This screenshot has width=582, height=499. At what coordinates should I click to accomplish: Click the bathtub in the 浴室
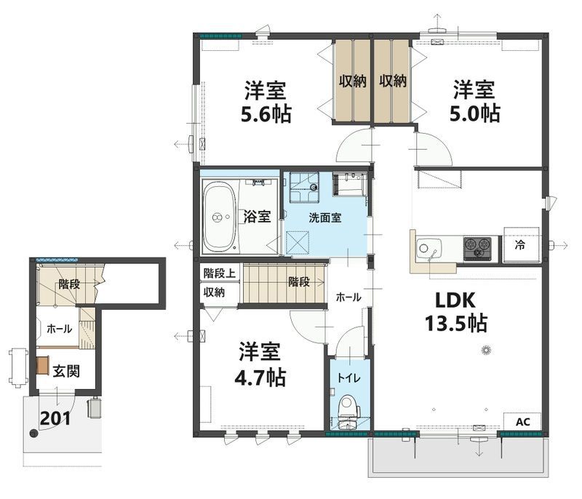[220, 217]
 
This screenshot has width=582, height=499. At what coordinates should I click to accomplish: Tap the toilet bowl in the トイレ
[349, 405]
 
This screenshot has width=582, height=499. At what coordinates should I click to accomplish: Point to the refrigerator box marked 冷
[521, 245]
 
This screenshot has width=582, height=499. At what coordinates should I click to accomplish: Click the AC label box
[522, 422]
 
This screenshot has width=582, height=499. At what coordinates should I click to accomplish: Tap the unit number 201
[55, 418]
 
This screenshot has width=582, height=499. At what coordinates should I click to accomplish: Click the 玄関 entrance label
[66, 371]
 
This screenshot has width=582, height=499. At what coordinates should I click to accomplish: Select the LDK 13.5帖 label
[455, 311]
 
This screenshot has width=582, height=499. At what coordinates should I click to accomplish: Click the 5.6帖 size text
[266, 114]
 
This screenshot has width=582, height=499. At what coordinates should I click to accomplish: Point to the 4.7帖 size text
[260, 378]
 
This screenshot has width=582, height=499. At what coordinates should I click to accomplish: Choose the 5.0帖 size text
[475, 113]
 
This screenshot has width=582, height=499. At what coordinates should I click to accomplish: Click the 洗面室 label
[325, 217]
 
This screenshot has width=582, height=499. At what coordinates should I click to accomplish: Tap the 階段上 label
[220, 274]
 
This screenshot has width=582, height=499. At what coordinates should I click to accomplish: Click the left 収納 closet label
[352, 81]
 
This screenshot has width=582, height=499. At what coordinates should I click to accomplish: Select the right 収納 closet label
[393, 81]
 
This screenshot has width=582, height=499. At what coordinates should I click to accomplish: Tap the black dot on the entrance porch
[33, 434]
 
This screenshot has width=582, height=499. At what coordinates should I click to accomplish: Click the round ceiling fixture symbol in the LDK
[486, 350]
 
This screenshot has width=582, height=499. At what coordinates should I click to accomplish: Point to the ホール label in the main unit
[348, 298]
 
